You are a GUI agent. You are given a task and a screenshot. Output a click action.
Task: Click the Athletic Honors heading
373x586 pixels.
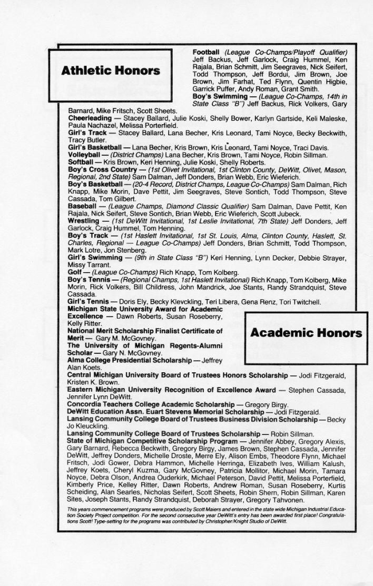click(111, 71)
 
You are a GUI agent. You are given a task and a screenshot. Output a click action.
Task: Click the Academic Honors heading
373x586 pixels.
click(306, 333)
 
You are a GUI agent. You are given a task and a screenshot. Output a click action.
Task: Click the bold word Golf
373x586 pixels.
click(75, 273)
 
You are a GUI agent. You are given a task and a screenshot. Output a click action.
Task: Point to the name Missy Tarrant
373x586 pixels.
click(87, 265)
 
